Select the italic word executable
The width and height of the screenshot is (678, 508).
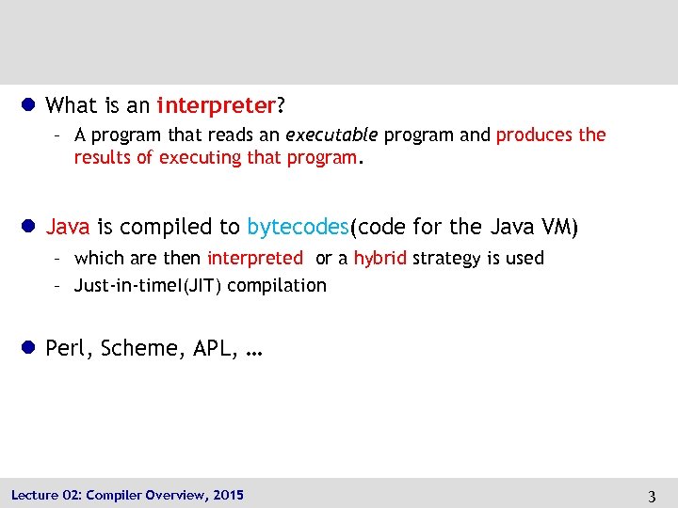[x=324, y=135]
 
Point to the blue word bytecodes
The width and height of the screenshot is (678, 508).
[x=297, y=227]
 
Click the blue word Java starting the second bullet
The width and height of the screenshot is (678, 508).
[x=68, y=227]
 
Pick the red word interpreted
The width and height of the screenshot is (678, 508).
[x=255, y=258]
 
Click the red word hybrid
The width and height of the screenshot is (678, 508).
[x=379, y=258]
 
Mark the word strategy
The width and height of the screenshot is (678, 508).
[x=446, y=258]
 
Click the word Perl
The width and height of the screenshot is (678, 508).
[x=64, y=348]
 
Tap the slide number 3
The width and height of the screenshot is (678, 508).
[x=652, y=496]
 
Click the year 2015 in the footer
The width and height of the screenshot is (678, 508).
[x=228, y=495]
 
